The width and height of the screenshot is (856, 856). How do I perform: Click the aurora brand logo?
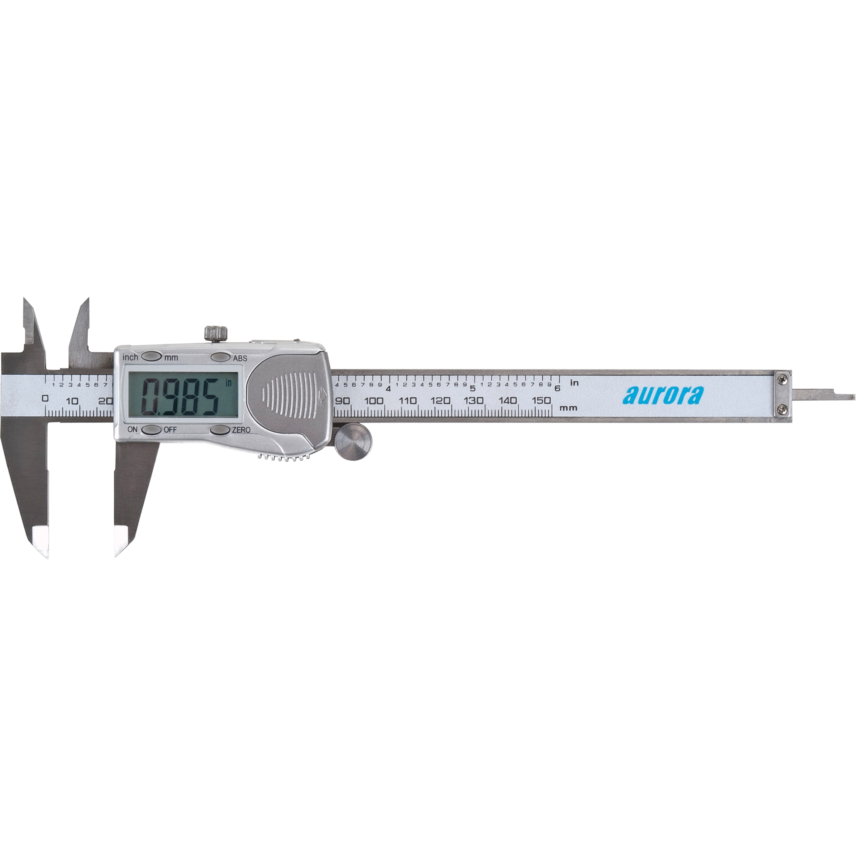point(663,395)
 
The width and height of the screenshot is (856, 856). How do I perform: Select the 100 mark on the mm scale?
point(374,401)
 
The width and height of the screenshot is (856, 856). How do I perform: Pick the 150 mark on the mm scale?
point(541,400)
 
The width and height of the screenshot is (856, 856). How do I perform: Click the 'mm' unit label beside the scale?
point(568,407)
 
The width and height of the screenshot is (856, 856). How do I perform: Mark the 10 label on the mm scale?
point(72,401)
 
